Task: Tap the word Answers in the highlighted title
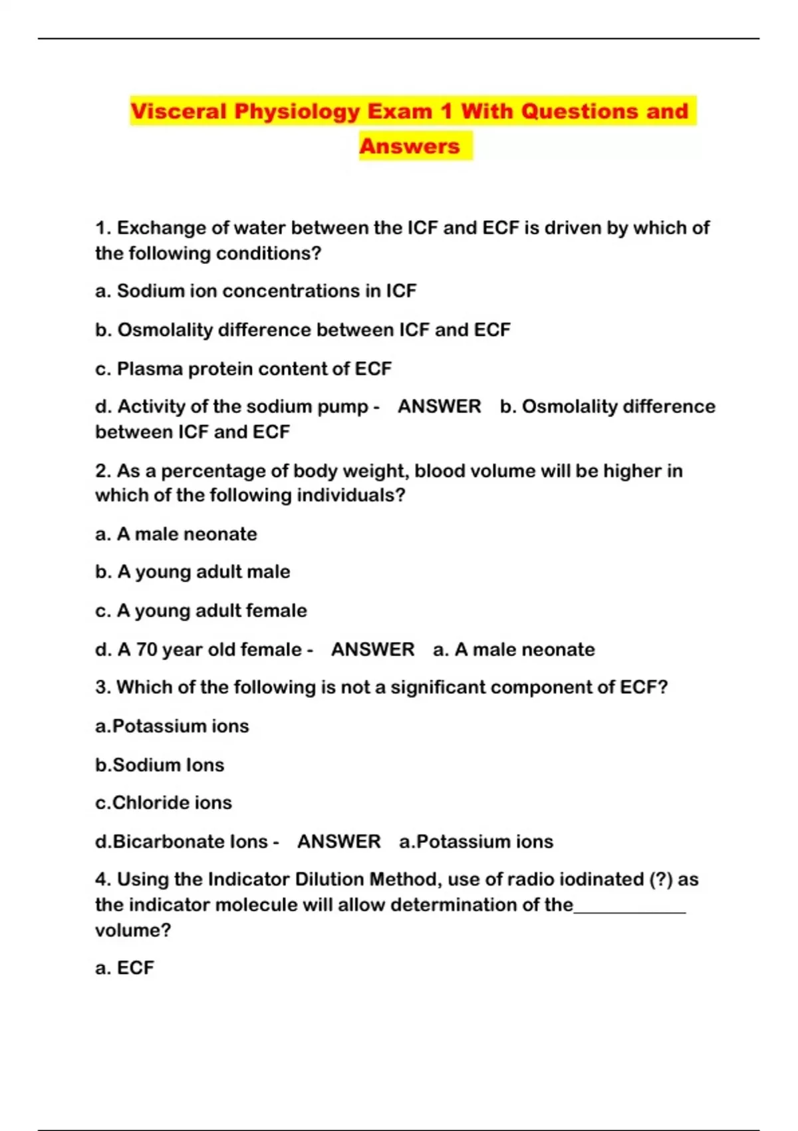click(410, 146)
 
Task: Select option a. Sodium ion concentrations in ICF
click(256, 291)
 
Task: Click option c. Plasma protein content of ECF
click(243, 369)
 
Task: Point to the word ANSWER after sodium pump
click(439, 406)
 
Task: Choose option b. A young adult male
click(193, 572)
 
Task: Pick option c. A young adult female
click(201, 611)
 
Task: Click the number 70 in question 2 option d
click(147, 649)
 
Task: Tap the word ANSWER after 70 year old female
click(372, 649)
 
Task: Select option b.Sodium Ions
click(160, 765)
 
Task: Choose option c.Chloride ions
click(164, 803)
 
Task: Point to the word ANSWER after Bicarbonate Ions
click(338, 842)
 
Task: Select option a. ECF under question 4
click(124, 968)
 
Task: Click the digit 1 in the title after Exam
click(446, 111)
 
